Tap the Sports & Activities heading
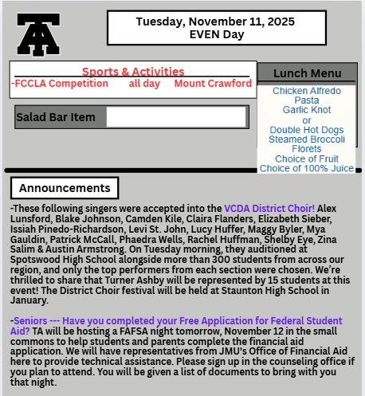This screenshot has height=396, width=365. [x=133, y=72]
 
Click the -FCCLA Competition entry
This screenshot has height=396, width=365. [x=60, y=84]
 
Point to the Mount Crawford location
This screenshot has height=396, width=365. [x=213, y=84]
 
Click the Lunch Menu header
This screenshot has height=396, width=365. [x=307, y=73]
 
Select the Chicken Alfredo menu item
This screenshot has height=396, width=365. [x=307, y=91]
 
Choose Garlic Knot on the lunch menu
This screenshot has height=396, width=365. [x=307, y=110]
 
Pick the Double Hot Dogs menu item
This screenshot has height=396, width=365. [x=307, y=130]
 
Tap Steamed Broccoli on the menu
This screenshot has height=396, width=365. [x=307, y=139]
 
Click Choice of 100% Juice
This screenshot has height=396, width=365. [x=307, y=168]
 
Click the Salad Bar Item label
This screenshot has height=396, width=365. [x=56, y=118]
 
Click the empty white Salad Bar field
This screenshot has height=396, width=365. [x=176, y=118]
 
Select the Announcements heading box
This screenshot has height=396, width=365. [x=65, y=188]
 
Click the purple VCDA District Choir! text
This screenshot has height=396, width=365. [x=269, y=208]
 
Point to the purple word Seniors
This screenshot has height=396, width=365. [x=30, y=320]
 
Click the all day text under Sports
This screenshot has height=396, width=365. [x=144, y=84]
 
